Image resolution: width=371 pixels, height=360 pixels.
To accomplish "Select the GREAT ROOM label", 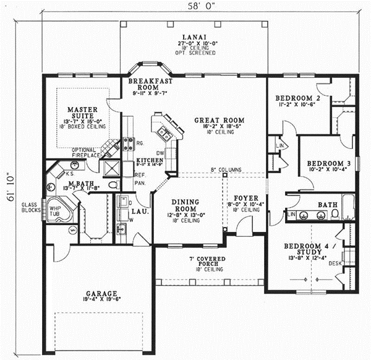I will [219, 121].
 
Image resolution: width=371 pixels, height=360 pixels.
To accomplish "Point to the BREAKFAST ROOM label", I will [150, 85].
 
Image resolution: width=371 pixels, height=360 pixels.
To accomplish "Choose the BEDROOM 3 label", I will [328, 163].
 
